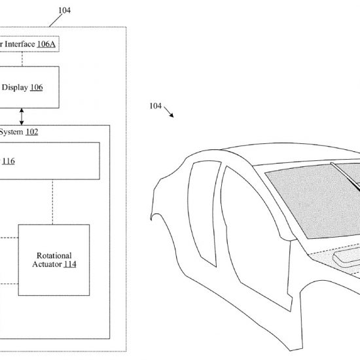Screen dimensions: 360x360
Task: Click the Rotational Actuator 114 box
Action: click(x=54, y=260)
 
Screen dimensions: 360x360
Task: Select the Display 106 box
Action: click(x=29, y=87)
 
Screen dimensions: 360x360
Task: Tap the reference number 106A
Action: click(x=46, y=44)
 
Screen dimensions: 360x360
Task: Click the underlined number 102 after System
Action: click(x=32, y=132)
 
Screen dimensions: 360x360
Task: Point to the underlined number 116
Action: click(x=9, y=161)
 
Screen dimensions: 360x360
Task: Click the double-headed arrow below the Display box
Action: click(x=22, y=117)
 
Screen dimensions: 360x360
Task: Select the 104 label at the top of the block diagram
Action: click(x=65, y=10)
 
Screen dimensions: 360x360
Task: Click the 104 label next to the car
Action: click(x=155, y=106)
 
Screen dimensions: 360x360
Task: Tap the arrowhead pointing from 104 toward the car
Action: click(x=171, y=115)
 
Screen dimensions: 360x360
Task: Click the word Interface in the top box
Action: click(x=20, y=44)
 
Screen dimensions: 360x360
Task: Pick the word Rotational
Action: click(x=54, y=255)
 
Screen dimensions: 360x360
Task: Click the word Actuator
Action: click(x=47, y=264)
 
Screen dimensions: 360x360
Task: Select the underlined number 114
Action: click(x=70, y=264)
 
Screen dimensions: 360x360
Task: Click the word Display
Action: click(x=14, y=88)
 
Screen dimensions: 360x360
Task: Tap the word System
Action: click(x=11, y=132)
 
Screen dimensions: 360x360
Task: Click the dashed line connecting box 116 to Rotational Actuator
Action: click(x=52, y=202)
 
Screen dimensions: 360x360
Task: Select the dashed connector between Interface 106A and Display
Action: click(x=22, y=59)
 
